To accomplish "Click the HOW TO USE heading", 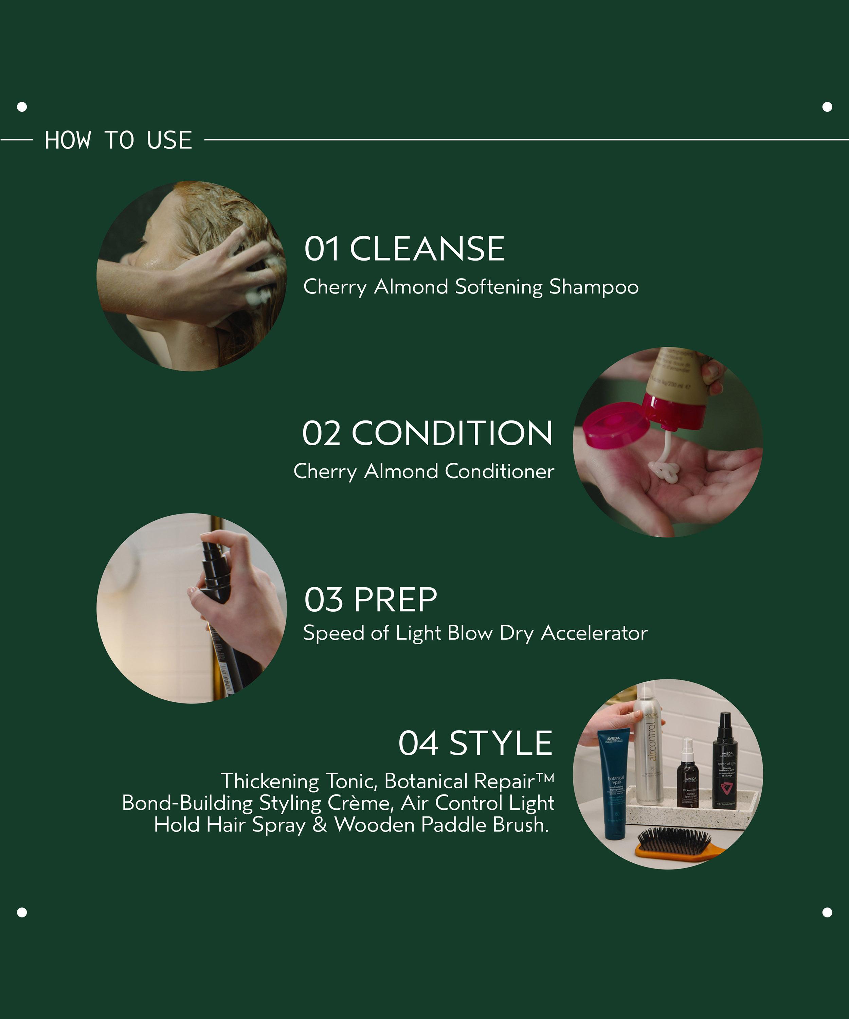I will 119,140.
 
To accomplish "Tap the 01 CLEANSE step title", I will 404,249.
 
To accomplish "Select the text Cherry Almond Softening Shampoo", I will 471,287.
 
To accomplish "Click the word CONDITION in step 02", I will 452,433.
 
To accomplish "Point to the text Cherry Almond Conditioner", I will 423,471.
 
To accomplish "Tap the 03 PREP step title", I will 371,600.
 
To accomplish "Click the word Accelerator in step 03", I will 594,633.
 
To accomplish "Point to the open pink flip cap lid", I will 615,425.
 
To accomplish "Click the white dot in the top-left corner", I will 22,107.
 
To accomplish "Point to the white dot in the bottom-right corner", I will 827,913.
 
